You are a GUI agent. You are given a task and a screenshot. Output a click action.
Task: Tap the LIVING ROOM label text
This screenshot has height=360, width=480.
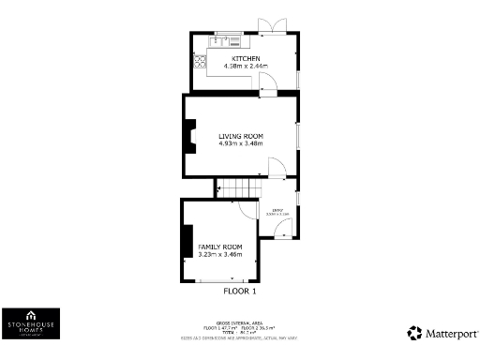pos(240,136)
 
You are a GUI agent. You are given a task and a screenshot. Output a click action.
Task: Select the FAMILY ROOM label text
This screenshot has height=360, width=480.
pos(219,246)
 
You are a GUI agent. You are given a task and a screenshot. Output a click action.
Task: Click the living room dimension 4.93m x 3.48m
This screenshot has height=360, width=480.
pos(240,144)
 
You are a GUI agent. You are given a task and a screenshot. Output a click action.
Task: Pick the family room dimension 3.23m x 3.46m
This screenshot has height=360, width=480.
pos(219,254)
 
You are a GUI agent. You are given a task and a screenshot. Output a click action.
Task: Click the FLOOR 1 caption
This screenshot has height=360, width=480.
pos(240,291)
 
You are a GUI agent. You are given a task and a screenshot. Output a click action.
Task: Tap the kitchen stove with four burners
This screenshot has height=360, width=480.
pos(200,62)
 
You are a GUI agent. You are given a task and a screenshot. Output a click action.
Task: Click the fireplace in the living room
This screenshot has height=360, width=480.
pos(189,138)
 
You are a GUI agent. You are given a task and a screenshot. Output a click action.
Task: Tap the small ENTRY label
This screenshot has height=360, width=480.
pos(277,211)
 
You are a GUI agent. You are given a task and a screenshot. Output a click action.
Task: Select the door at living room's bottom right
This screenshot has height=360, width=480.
pos(277,169)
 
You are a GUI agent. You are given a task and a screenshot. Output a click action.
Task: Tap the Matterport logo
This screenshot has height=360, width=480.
pos(443,333)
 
